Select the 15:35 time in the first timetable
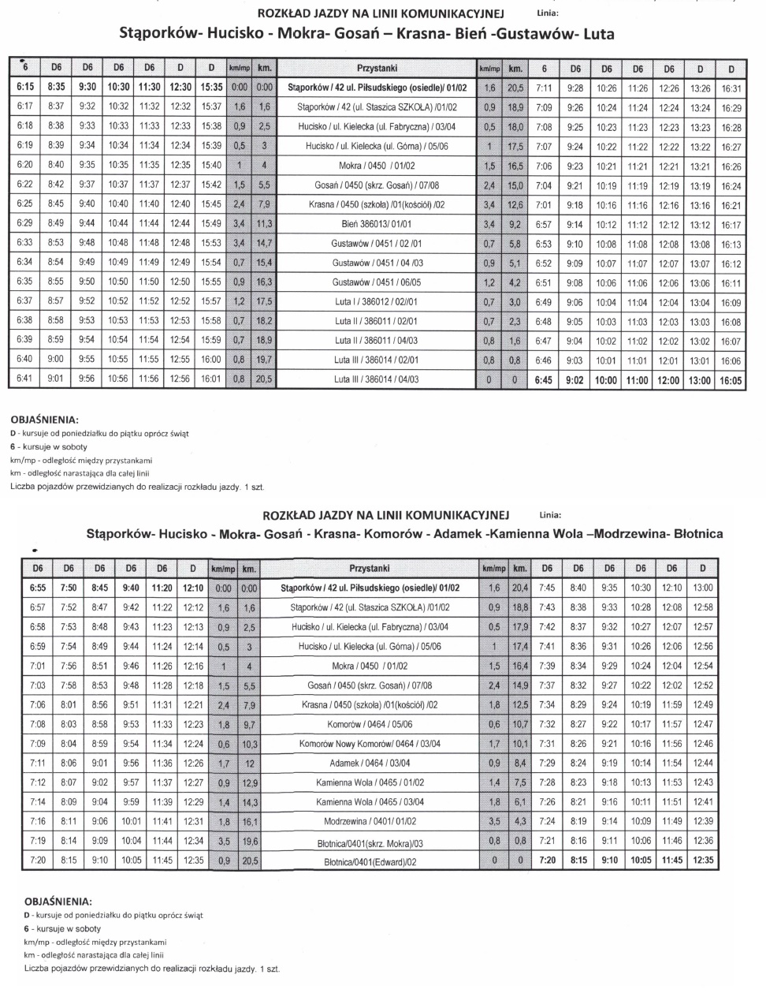[x=211, y=88]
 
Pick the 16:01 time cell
[x=211, y=379]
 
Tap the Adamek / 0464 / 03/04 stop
[x=370, y=763]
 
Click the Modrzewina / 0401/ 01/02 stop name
[x=370, y=820]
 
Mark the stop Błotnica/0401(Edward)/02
[x=370, y=861]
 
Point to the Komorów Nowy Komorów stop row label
[x=370, y=743]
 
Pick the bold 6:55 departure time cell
[x=37, y=588]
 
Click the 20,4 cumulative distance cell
[x=520, y=588]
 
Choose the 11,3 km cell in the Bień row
[x=264, y=223]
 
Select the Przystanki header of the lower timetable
[x=370, y=568]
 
